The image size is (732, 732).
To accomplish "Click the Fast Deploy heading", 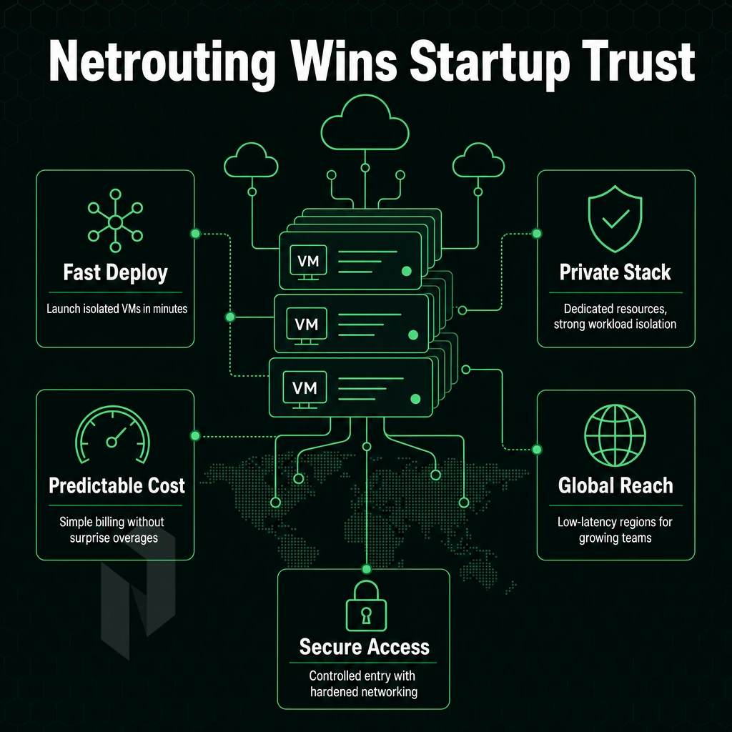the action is click(x=115, y=272).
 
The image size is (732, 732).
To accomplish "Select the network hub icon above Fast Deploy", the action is click(x=115, y=221).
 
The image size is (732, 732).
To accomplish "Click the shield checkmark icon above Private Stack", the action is click(x=615, y=219).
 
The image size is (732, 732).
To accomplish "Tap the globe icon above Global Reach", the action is click(x=615, y=435).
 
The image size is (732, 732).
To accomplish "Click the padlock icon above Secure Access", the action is click(x=367, y=605).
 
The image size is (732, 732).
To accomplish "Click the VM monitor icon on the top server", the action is click(x=308, y=262).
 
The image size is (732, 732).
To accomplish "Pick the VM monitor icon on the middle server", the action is click(x=307, y=326).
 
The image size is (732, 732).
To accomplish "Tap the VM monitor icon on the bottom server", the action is click(x=305, y=390).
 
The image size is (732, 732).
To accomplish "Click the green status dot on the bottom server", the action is click(x=415, y=399).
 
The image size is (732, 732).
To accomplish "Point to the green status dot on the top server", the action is click(x=407, y=271).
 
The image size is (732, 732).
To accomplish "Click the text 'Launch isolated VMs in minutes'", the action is click(x=117, y=309).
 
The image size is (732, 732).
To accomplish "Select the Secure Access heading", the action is click(x=365, y=647).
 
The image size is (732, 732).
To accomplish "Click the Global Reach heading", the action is click(x=615, y=485).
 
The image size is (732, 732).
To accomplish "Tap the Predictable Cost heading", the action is click(x=117, y=485).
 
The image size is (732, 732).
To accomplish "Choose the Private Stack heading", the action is click(x=615, y=272).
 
